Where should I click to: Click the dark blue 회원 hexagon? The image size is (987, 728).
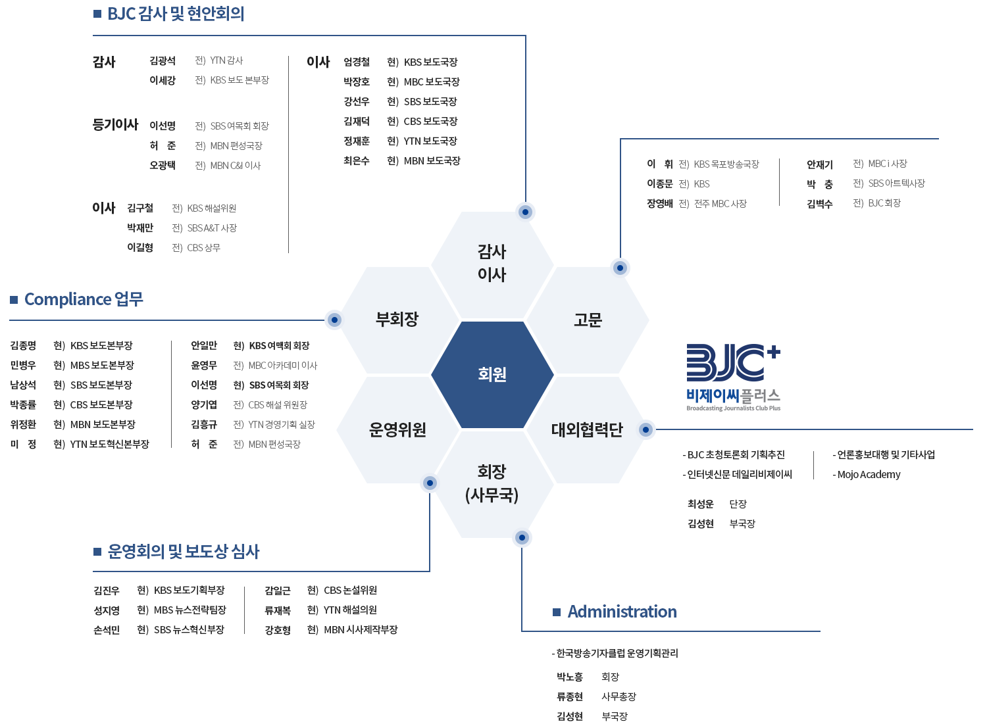[492, 375]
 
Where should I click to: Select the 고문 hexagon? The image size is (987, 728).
[588, 320]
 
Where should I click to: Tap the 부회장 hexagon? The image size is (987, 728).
[397, 320]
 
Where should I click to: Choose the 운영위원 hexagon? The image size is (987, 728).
[397, 429]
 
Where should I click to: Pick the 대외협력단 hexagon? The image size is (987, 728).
[588, 429]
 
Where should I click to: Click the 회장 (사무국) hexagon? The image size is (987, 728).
[492, 484]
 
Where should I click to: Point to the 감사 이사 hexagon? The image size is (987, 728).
[492, 264]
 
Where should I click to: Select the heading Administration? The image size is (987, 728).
[622, 612]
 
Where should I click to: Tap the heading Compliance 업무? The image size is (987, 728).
[84, 299]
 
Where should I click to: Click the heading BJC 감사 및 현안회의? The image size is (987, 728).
[176, 14]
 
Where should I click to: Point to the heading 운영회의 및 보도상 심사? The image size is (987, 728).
[184, 552]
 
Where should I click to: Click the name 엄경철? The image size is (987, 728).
[357, 62]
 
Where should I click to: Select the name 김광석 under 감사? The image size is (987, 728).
[163, 61]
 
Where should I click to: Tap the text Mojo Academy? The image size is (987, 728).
[869, 475]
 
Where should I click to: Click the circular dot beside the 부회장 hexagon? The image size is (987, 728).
[335, 320]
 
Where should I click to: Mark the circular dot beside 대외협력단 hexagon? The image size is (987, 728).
[645, 429]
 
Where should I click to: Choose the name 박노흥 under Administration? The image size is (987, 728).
[570, 677]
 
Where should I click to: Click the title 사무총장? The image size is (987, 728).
[619, 696]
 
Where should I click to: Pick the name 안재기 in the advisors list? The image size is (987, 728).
[820, 164]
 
